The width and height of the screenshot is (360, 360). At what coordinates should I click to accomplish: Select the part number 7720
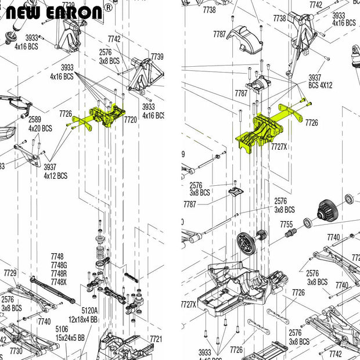pyautogui.click(x=130, y=119)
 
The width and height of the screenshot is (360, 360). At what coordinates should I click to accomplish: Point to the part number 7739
pyautogui.click(x=157, y=56)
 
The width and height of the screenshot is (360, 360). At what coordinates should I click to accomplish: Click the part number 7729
pyautogui.click(x=10, y=273)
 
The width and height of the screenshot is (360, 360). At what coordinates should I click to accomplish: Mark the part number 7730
pyautogui.click(x=16, y=351)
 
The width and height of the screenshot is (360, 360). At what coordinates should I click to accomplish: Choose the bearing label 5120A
pyautogui.click(x=90, y=311)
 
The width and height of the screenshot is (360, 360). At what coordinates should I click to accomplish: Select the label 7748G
pyautogui.click(x=58, y=265)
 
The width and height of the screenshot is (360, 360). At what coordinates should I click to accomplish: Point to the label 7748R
pyautogui.click(x=58, y=273)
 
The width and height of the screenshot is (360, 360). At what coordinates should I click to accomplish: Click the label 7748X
pyautogui.click(x=58, y=282)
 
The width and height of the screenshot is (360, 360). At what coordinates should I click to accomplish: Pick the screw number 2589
pyautogui.click(x=35, y=120)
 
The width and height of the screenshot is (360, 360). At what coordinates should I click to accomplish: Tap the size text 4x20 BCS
pyautogui.click(x=40, y=128)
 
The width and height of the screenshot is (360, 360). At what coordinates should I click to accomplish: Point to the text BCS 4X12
pyautogui.click(x=320, y=85)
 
